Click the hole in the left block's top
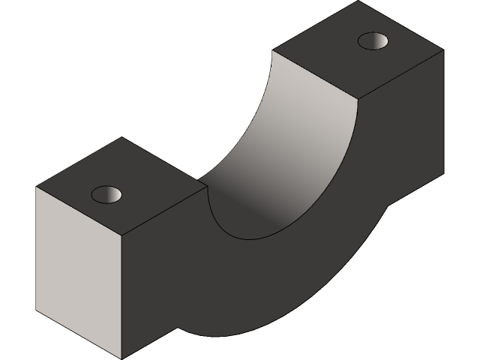click(106, 195)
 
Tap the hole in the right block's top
click(373, 40)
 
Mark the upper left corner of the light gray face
click(36, 187)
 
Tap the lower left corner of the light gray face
click(36, 307)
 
